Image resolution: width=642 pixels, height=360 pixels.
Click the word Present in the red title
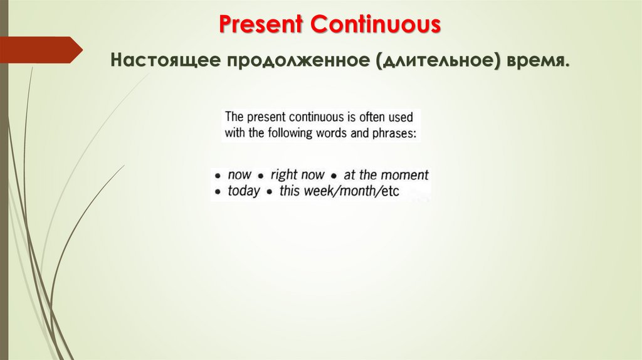[261, 25]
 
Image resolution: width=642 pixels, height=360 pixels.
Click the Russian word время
[542, 62]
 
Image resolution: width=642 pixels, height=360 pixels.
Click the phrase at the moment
[386, 176]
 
